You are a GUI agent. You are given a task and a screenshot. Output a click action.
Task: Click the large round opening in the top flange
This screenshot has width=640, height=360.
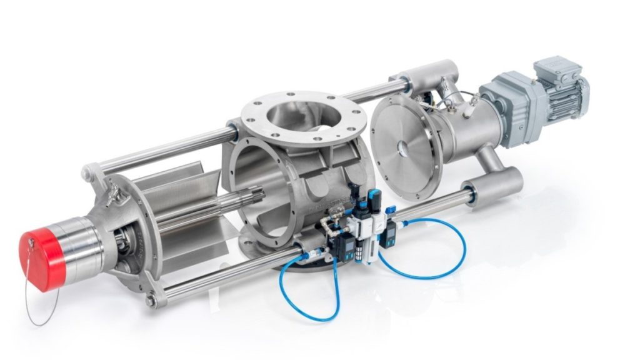click(297, 119)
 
